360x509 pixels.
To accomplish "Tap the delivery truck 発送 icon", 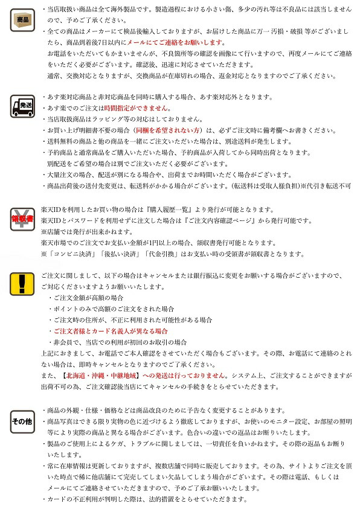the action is coord(23,106).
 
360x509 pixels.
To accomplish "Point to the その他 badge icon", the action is coord(22,421).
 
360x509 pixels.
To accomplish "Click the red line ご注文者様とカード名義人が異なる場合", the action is coord(111,331).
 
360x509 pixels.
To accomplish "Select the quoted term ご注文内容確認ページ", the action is coord(206,220).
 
